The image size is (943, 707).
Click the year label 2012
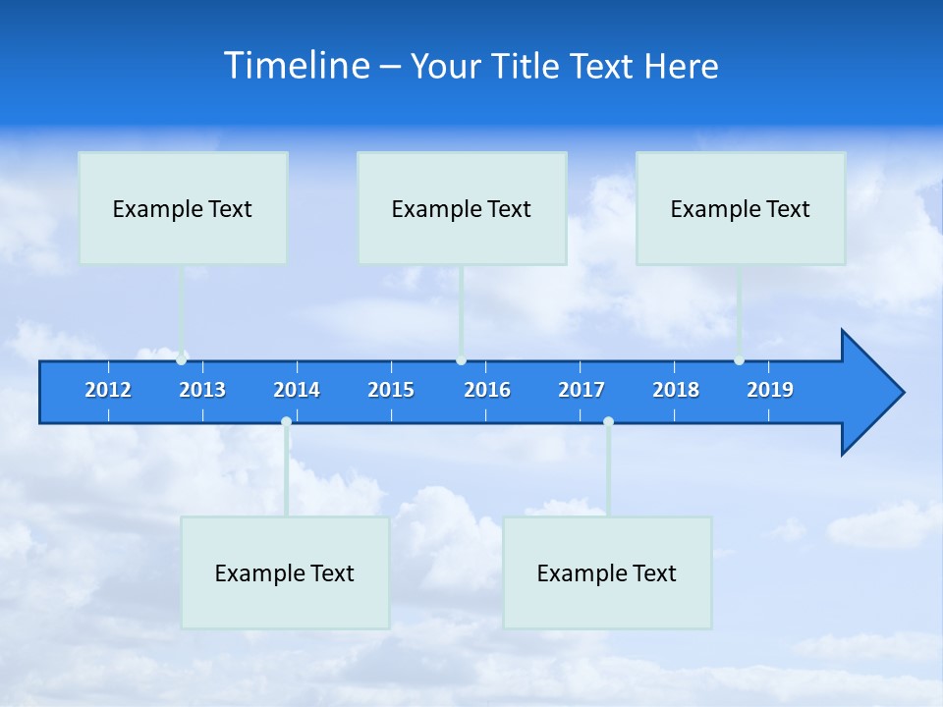tap(108, 390)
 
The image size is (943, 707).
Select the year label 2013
tap(202, 390)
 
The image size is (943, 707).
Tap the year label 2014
tap(297, 390)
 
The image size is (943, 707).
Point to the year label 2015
tap(391, 390)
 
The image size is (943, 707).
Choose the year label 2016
tap(487, 390)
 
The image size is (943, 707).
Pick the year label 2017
tap(582, 390)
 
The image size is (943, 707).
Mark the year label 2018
tap(676, 390)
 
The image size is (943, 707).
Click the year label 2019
tap(770, 390)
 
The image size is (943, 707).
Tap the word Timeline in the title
tap(297, 66)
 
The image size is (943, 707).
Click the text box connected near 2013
tap(183, 208)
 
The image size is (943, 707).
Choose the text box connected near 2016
tap(462, 208)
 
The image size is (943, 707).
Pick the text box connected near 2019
tap(741, 208)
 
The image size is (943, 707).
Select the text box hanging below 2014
tap(285, 572)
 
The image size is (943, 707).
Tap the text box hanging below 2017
tap(607, 572)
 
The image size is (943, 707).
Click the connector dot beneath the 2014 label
tap(286, 422)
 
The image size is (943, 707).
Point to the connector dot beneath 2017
tap(608, 422)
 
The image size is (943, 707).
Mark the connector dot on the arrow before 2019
tap(739, 360)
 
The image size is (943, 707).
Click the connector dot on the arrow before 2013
tap(182, 360)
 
